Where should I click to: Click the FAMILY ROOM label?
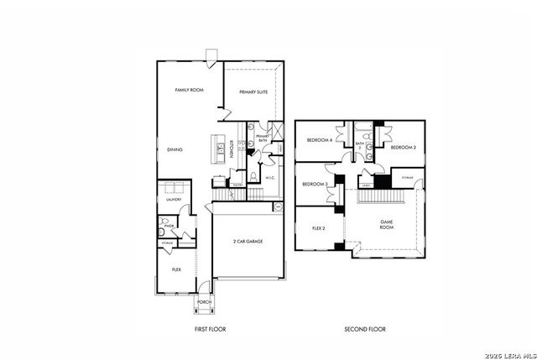point(189,90)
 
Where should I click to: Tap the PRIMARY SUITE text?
point(253,92)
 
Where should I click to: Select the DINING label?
point(175,149)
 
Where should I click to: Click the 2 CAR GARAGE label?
point(248,241)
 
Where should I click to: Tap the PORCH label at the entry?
point(205,304)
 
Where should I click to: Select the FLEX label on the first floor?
point(176,269)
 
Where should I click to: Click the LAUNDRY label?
point(174,200)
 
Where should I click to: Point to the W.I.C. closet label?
point(270,178)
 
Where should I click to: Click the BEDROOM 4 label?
point(319,140)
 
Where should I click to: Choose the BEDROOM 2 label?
point(404,148)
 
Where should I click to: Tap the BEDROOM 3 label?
point(314,184)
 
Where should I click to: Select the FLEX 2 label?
point(319,227)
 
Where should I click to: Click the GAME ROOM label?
point(386,224)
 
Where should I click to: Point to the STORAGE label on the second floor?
point(407,178)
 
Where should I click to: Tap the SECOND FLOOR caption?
point(365,329)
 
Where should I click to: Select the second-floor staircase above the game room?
point(382,196)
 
